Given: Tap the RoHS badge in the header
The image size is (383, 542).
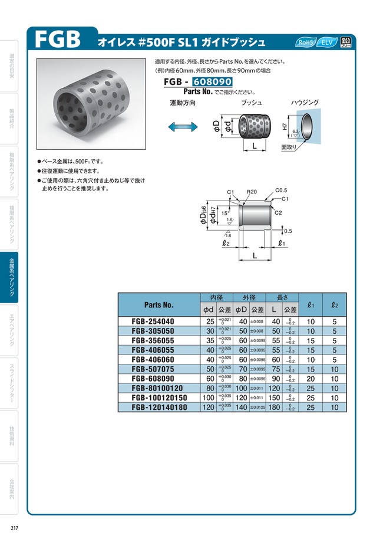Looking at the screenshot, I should point(306,42).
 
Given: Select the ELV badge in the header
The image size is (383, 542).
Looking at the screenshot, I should point(326,42).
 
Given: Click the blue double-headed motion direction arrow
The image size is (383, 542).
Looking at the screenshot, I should point(182,127).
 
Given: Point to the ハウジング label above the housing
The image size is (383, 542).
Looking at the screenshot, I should point(305,103).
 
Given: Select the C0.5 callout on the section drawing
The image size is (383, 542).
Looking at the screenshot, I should point(282,190).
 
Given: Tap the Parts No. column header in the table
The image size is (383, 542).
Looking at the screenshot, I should point(159,305).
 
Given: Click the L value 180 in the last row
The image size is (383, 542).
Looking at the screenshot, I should point(275,406).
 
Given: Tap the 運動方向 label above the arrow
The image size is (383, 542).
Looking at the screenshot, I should point(182,103).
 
